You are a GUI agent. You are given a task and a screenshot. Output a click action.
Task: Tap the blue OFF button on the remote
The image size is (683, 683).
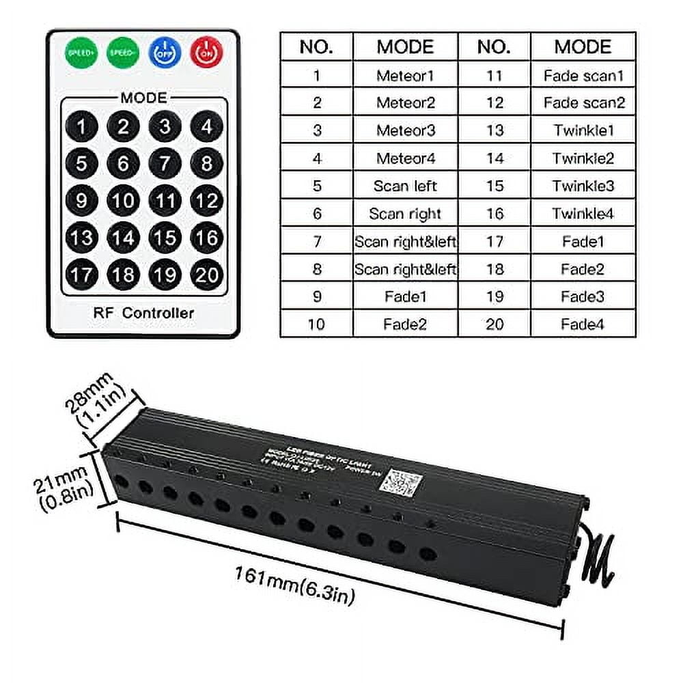click(164, 52)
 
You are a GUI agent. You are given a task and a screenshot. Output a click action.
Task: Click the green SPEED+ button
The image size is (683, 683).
click(81, 52)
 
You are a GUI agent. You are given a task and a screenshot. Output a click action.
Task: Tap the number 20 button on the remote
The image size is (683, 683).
click(206, 275)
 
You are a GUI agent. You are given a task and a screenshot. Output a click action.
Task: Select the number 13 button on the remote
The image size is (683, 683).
click(81, 238)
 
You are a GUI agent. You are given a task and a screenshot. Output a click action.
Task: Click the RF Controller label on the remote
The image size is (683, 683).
click(143, 313)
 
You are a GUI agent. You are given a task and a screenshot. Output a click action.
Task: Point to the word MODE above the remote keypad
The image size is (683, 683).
click(143, 98)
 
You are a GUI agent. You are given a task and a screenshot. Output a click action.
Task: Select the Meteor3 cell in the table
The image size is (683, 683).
click(405, 130)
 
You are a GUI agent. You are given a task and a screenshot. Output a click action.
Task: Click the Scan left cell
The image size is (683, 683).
click(405, 186)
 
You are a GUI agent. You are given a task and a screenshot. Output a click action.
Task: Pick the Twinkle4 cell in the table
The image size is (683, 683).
click(583, 214)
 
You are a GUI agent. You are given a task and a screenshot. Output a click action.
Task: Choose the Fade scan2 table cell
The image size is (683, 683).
click(583, 103)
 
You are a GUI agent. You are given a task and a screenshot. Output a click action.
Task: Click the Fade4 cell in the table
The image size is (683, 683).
click(583, 324)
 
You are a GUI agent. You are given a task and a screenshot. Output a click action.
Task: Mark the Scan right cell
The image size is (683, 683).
click(405, 214)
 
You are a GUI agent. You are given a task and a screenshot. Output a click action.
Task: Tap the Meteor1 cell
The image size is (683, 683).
click(405, 75)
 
